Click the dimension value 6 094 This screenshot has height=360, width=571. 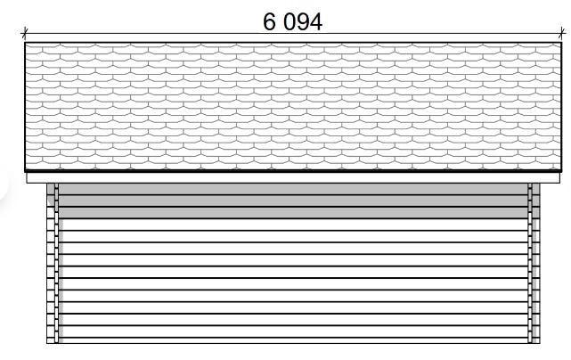click(x=292, y=22)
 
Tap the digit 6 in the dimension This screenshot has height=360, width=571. click(x=269, y=22)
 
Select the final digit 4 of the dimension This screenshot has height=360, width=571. click(x=316, y=22)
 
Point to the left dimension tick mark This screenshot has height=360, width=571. click(x=24, y=33)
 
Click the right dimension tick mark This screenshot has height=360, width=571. click(x=562, y=33)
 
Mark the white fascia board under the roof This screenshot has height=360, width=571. click(x=293, y=178)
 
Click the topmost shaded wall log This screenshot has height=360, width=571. click(x=293, y=189)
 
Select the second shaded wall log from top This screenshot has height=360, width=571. click(x=293, y=200)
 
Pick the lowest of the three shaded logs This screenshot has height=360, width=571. click(x=293, y=213)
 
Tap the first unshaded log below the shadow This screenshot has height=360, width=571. click(x=293, y=225)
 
